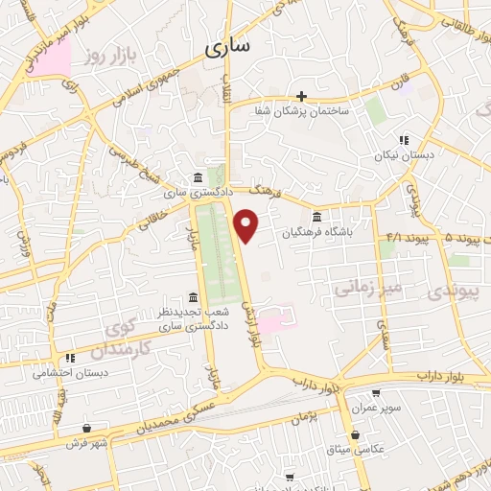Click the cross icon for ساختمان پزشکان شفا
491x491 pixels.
tap(302, 96)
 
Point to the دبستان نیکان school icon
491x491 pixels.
tap(404, 139)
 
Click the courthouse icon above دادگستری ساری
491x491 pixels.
tap(197, 178)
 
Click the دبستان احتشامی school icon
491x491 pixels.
tap(70, 358)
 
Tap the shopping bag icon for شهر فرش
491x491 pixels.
tap(88, 429)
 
